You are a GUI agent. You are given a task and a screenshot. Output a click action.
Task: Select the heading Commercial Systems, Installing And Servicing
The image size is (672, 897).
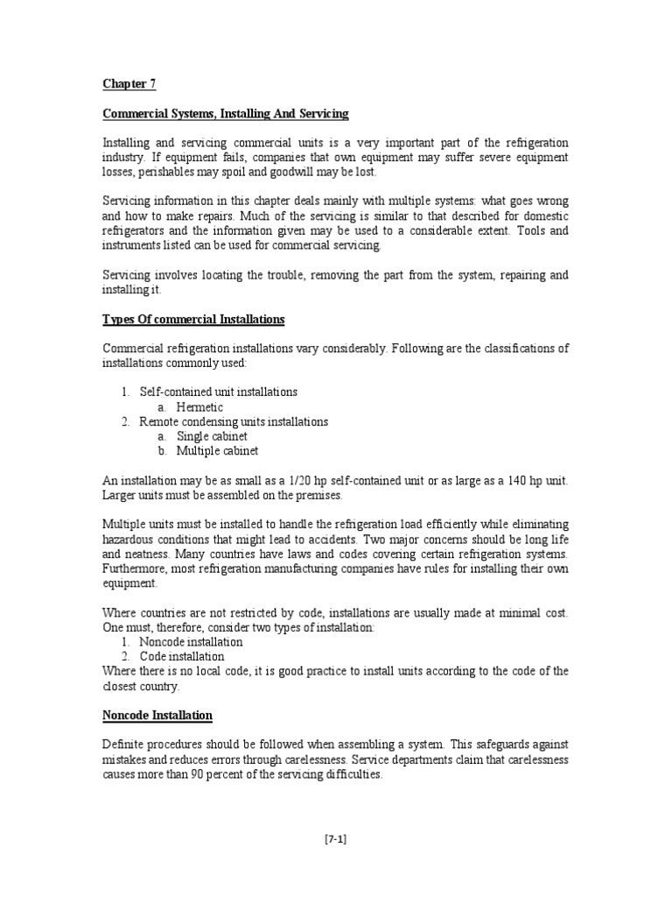tap(226, 114)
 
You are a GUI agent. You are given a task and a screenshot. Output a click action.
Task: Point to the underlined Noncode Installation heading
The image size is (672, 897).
tap(157, 716)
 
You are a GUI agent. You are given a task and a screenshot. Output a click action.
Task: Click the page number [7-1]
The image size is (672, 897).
tap(336, 838)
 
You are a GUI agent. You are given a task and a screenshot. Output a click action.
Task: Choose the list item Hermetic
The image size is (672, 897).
tap(199, 407)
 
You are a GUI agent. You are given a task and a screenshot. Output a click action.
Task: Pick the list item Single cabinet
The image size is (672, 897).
tap(212, 436)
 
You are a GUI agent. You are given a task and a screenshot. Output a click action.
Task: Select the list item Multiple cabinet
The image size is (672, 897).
tap(217, 451)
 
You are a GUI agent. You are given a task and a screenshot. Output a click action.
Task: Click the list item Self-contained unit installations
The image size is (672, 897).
tap(219, 392)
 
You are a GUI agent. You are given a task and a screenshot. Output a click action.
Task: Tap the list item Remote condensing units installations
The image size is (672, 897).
tap(234, 422)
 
